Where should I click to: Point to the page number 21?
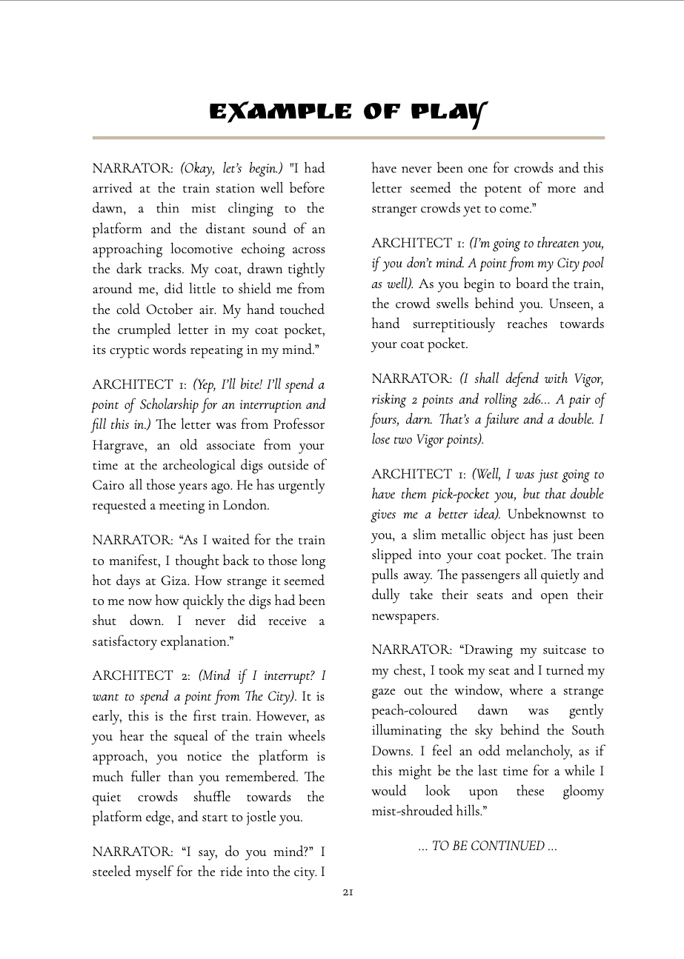(348, 892)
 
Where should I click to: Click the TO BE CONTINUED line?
(488, 846)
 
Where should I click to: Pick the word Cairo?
(108, 486)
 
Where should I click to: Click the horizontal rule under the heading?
(348, 138)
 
